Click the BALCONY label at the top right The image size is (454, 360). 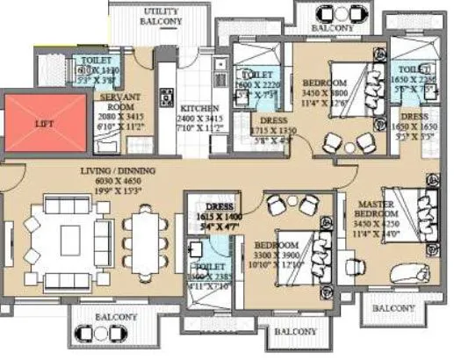(332, 27)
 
